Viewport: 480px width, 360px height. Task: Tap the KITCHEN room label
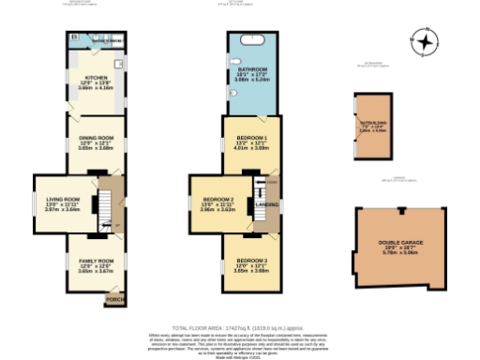tap(97, 77)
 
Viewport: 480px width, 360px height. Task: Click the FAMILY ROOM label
tap(95, 260)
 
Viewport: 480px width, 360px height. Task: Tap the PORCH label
tap(114, 299)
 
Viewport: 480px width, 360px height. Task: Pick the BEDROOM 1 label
tap(251, 138)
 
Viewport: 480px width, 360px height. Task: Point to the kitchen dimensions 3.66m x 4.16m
tap(97, 88)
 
